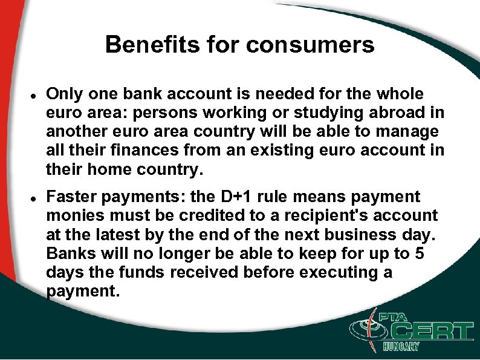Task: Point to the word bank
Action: click(x=135, y=94)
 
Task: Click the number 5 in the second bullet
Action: click(x=420, y=254)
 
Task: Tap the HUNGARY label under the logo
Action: click(x=401, y=347)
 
